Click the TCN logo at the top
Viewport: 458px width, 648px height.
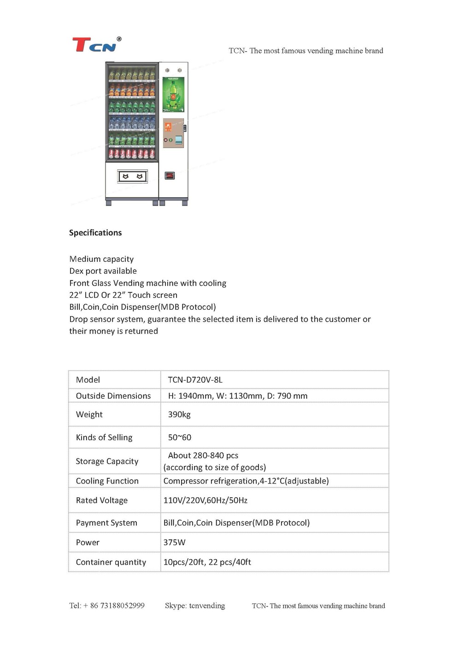[x=96, y=45]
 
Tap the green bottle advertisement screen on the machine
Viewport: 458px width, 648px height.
[x=173, y=94]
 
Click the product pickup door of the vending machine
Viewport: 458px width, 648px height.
[x=133, y=176]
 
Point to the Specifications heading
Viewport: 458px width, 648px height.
[x=95, y=233]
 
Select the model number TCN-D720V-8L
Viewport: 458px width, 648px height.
[x=195, y=380]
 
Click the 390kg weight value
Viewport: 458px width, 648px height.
[x=179, y=414]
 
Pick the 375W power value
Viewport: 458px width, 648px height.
[x=174, y=542]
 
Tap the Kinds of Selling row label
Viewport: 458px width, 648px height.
[x=104, y=437]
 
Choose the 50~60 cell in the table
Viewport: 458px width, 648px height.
[x=179, y=437]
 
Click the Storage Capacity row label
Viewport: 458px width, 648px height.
[x=107, y=461]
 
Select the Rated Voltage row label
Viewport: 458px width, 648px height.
[x=102, y=501]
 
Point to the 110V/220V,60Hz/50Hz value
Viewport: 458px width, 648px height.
[x=205, y=501]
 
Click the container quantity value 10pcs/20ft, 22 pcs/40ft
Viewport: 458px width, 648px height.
[x=207, y=562]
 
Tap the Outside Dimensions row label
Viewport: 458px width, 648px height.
[x=113, y=396]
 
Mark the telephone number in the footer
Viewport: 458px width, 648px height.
[x=107, y=606]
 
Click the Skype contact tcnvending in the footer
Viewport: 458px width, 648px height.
[x=195, y=606]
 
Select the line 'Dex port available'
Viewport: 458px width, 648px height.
[x=103, y=271]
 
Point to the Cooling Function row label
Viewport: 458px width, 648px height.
[x=107, y=481]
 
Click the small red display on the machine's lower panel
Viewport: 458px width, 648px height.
[x=170, y=175]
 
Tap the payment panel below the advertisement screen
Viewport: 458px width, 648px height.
[x=173, y=133]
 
